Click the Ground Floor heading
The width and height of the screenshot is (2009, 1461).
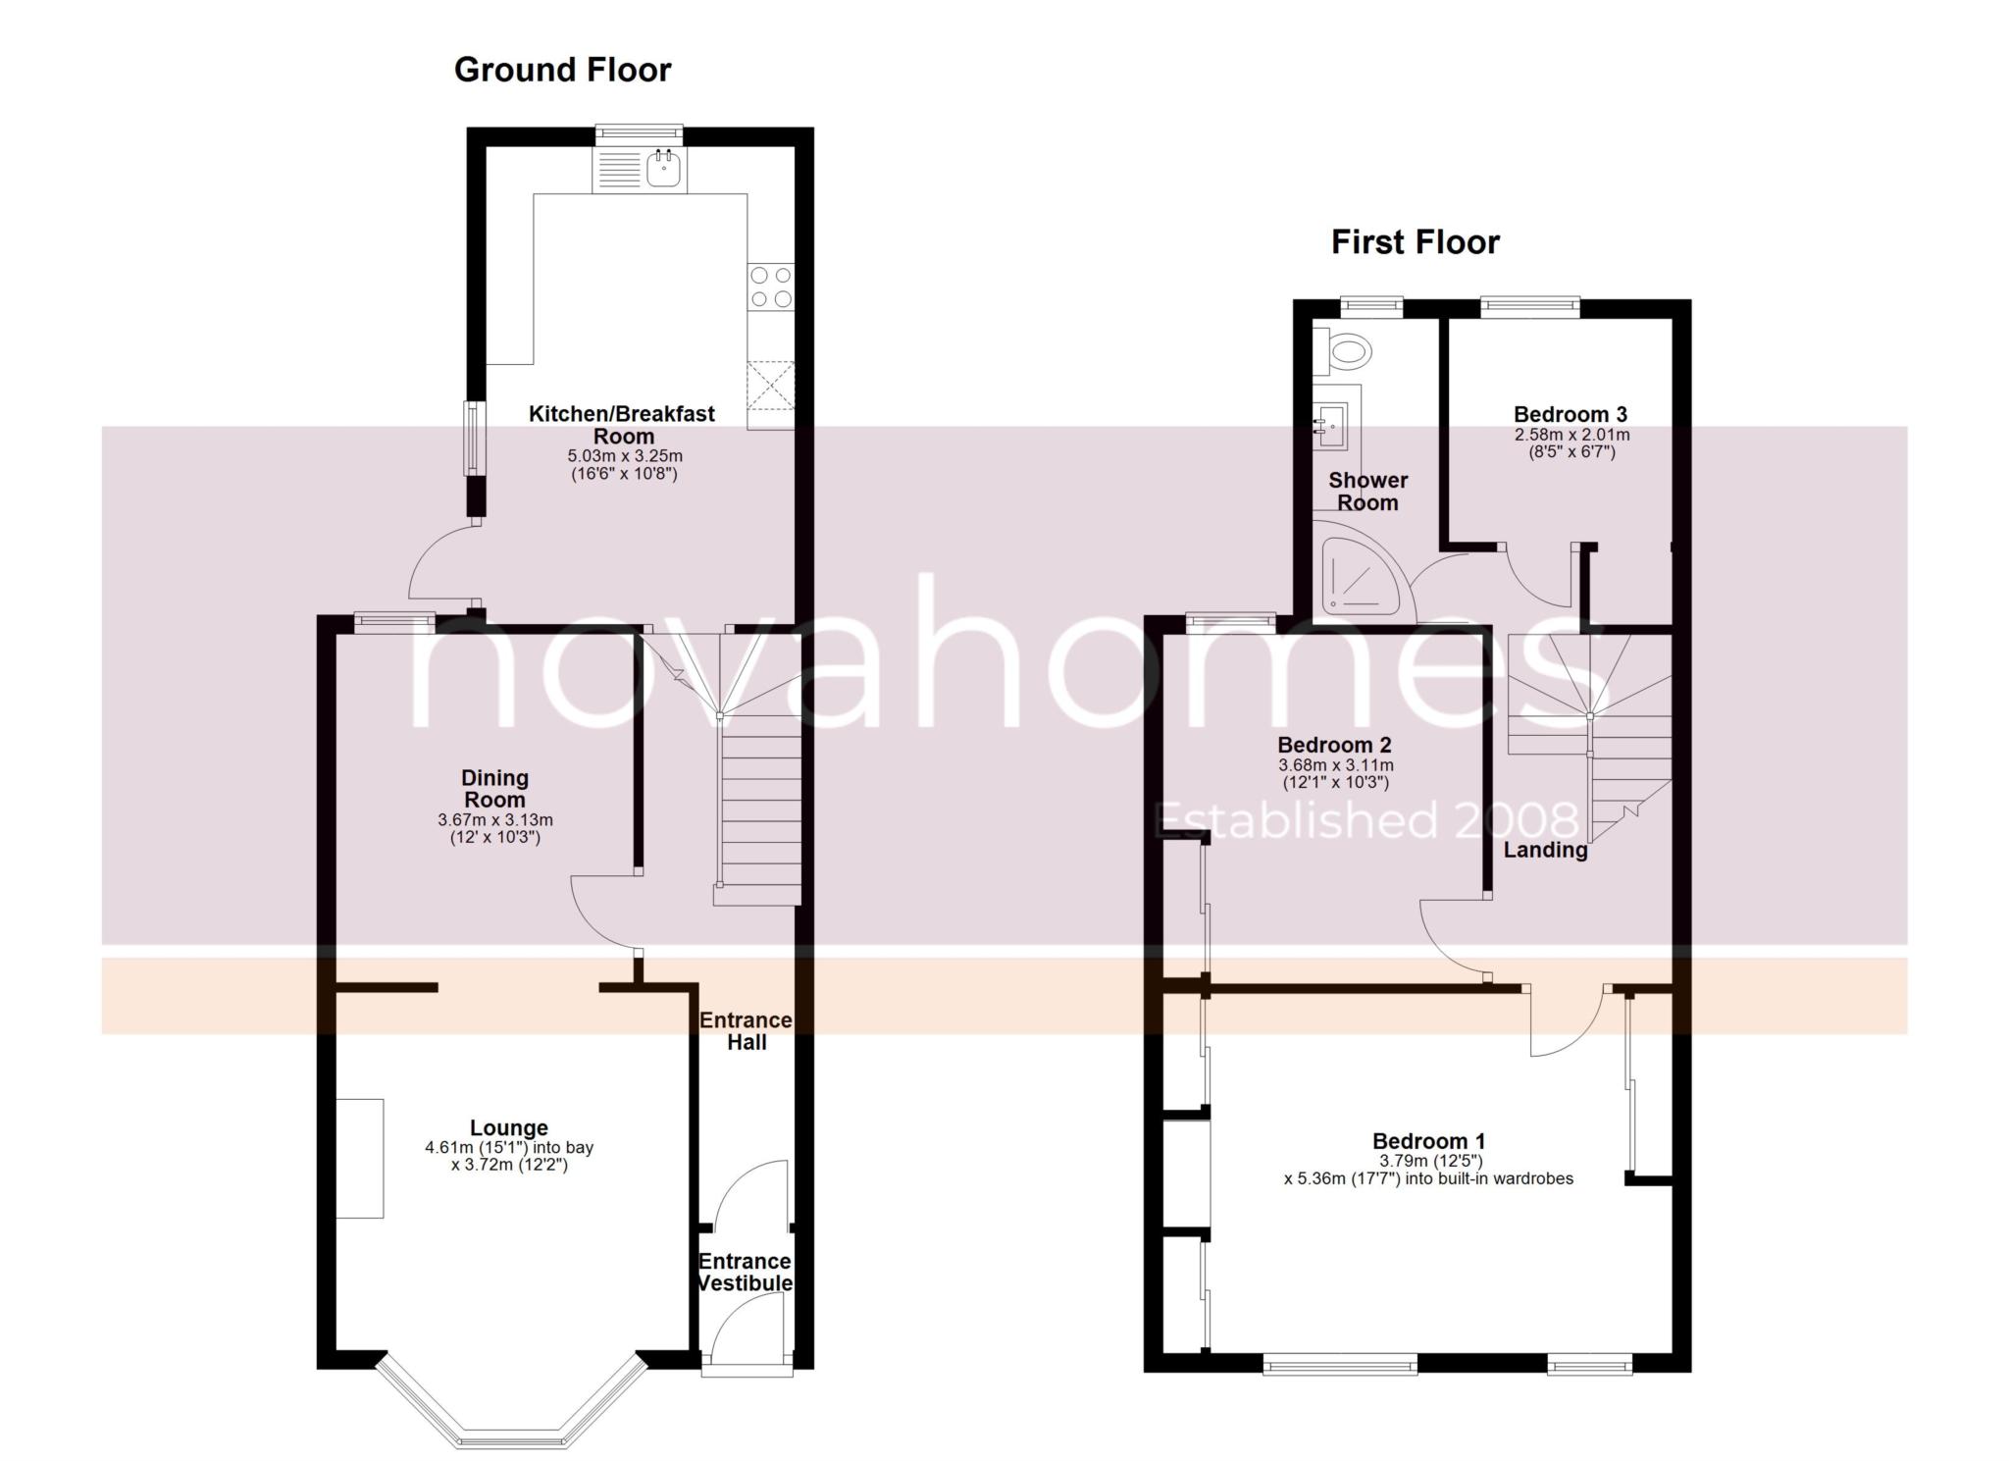coord(562,70)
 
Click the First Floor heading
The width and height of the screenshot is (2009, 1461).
coord(1415,242)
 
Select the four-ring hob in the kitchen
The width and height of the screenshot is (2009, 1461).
coord(771,287)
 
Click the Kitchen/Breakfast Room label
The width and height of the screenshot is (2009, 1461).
coord(622,425)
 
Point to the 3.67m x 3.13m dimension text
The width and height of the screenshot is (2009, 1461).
coord(495,820)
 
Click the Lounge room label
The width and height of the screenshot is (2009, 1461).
coord(508,1128)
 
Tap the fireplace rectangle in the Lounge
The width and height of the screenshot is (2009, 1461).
coord(359,1158)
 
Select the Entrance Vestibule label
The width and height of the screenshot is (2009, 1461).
coord(746,1272)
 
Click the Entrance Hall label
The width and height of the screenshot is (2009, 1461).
coord(746,1031)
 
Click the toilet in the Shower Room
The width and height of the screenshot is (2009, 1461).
coord(1347,350)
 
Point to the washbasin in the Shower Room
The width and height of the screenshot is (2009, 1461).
coord(1331,425)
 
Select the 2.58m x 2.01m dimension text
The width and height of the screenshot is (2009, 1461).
coord(1571,435)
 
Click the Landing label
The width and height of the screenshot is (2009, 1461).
coord(1545,851)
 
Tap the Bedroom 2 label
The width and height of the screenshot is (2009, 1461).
coord(1334,745)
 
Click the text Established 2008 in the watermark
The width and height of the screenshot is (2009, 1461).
coord(1366,820)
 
